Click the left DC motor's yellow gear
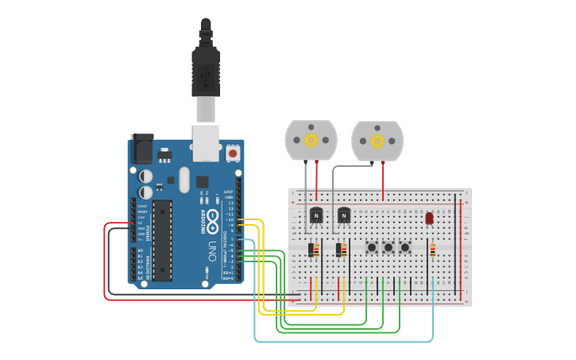point(311,140)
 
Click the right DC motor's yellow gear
point(377,141)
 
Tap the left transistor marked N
point(316,215)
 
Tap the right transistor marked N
point(344,215)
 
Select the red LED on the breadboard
point(430,218)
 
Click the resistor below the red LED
point(433,250)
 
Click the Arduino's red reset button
point(233,151)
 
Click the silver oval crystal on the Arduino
point(184,179)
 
